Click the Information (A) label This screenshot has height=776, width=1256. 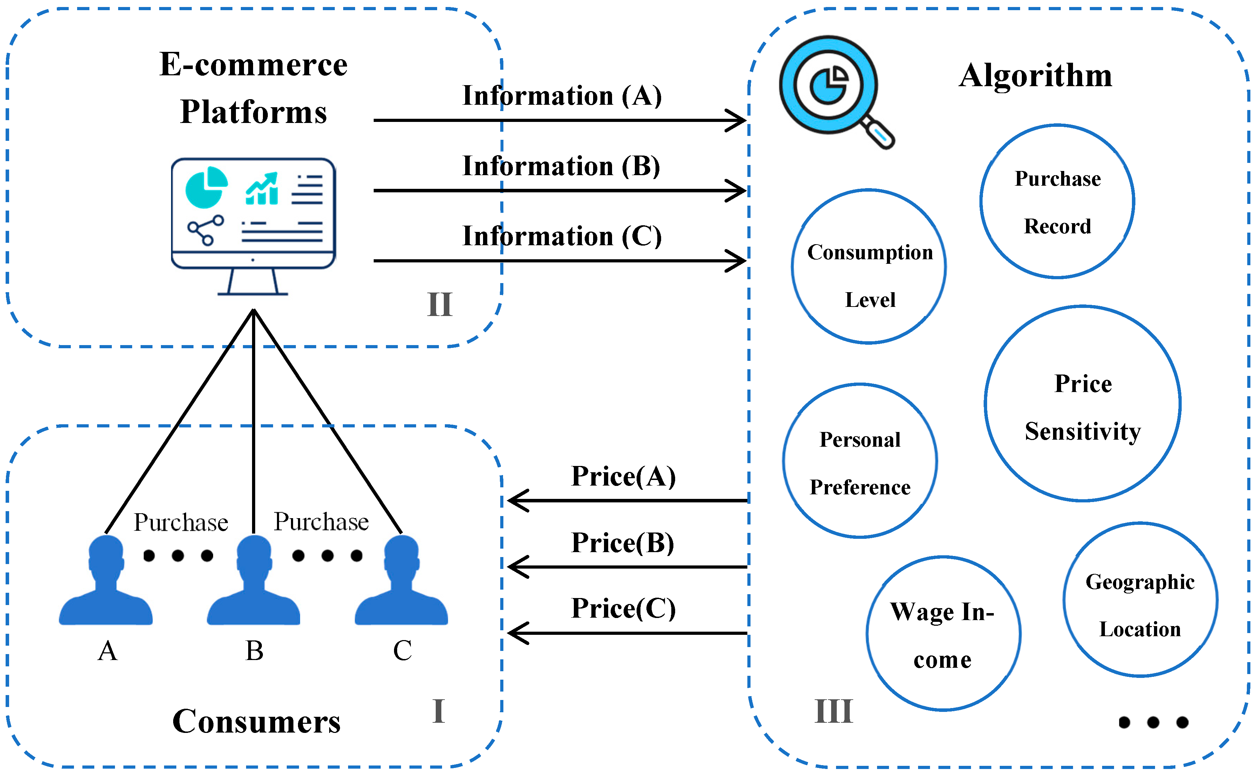tap(562, 96)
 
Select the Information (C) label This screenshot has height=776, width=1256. tap(562, 236)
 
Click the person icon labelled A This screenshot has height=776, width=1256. tap(106, 580)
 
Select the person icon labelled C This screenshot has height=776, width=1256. tap(402, 580)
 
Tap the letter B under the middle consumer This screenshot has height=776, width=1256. tap(254, 651)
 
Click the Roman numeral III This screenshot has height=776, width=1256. tap(833, 711)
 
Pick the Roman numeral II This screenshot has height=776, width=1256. tap(440, 304)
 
